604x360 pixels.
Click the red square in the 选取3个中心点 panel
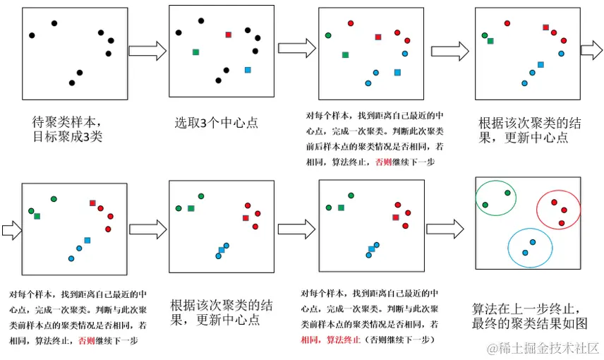point(229,35)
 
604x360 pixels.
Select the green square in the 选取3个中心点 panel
point(195,52)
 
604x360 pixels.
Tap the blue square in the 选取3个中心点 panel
point(248,70)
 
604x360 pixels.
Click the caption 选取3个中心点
point(216,123)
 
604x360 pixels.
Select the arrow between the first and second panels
point(147,51)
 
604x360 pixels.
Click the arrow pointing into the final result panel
point(445,228)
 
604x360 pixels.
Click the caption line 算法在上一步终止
point(526,308)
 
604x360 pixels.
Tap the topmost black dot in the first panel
point(54,23)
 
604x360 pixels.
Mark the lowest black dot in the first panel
point(71,83)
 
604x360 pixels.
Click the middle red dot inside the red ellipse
point(564,210)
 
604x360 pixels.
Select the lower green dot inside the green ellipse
point(485,205)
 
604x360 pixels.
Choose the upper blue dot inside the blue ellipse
point(532,242)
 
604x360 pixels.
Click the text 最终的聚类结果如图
point(529,324)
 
